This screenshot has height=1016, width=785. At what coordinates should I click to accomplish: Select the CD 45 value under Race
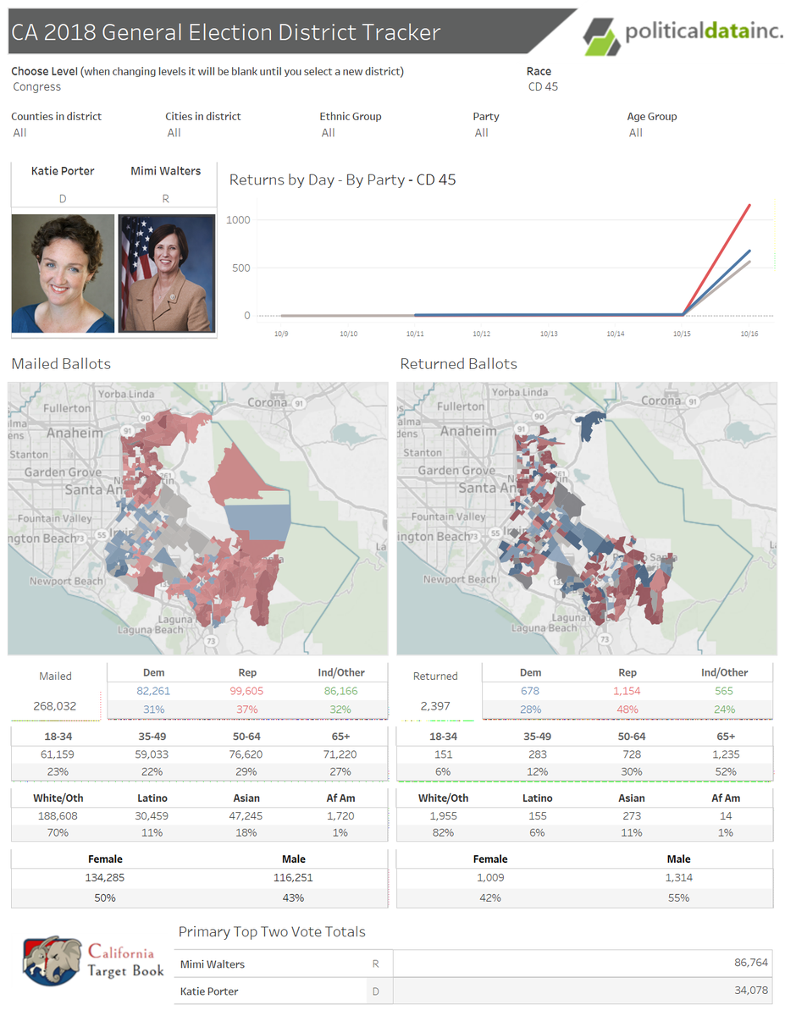coord(542,86)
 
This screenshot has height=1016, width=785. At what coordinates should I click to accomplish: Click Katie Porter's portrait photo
coord(63,273)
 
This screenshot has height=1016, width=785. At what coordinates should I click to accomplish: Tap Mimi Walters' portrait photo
coord(166,273)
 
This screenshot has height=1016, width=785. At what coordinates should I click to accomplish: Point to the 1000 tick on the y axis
coord(238,220)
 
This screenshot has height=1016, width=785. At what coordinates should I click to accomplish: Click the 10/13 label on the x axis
coord(548,334)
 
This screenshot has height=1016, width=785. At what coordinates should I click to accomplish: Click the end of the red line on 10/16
coord(749,205)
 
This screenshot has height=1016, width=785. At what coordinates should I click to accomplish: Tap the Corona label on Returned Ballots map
coord(661,400)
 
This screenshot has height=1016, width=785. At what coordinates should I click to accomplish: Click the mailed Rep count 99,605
coord(247,691)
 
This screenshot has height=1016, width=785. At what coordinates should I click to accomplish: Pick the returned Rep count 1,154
coord(627,691)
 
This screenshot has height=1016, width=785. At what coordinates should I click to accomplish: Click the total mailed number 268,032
coord(55,705)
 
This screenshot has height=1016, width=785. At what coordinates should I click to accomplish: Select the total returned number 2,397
coord(434,705)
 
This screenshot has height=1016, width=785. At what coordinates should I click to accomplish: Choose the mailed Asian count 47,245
coord(246,815)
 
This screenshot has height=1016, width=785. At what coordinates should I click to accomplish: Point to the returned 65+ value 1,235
coord(726,754)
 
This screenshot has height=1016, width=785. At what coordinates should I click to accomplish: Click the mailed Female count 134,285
coord(105,877)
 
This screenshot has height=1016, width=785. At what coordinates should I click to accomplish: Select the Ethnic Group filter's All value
coord(329,133)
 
